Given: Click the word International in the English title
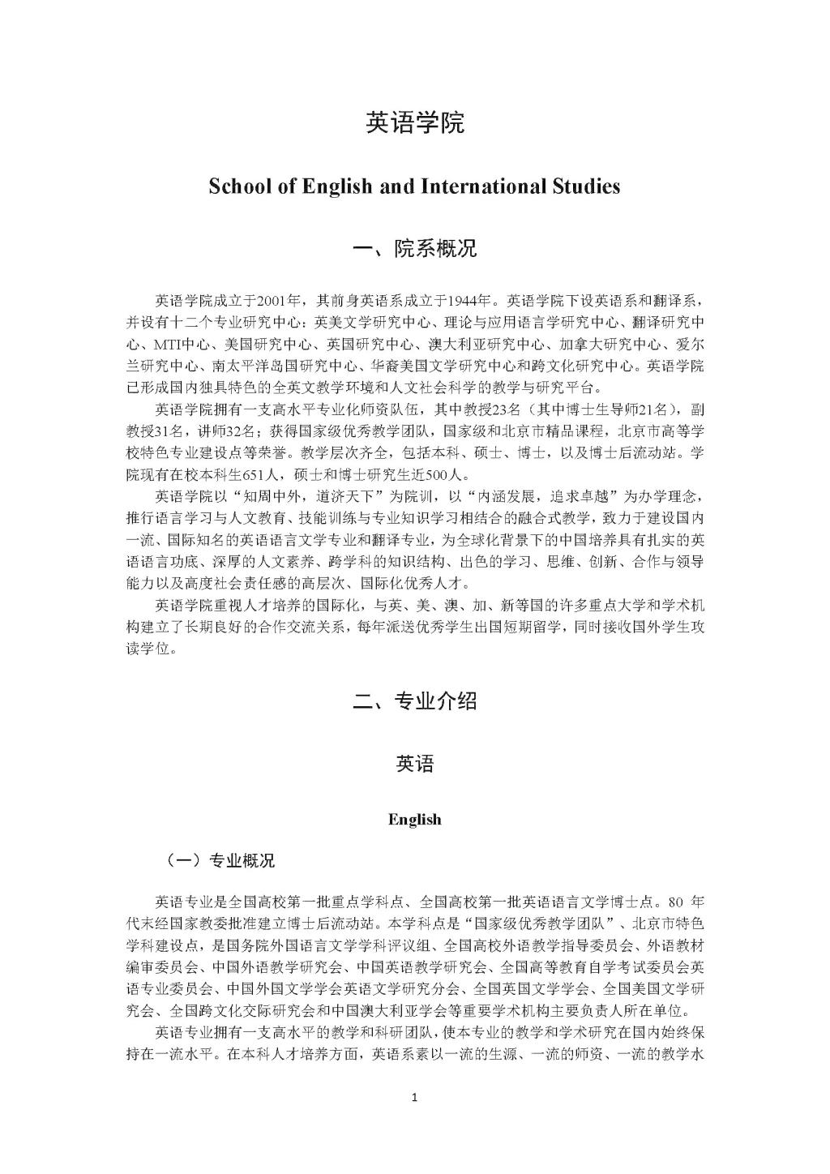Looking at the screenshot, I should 488,186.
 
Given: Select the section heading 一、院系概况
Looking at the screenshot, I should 415,249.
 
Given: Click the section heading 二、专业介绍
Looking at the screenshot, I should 415,701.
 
